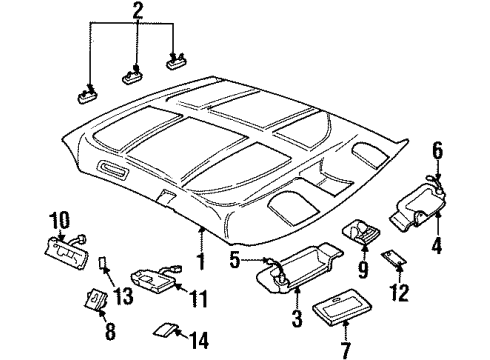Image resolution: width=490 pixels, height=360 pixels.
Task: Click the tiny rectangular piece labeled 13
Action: (104, 268)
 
